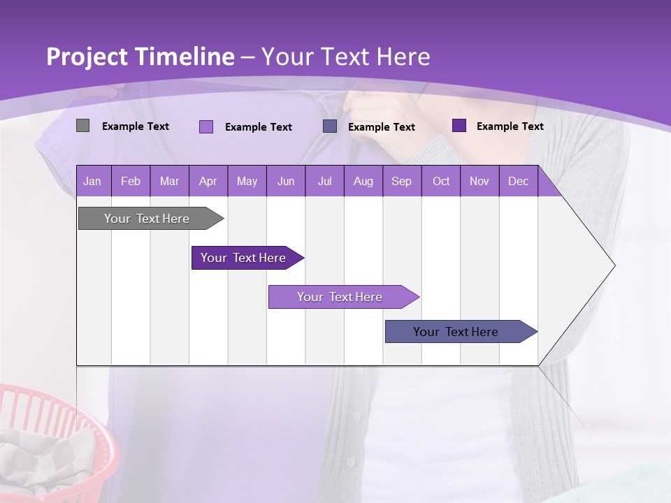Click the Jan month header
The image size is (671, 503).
click(x=92, y=181)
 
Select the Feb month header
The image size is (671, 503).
click(x=131, y=181)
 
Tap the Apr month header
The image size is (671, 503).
click(x=208, y=181)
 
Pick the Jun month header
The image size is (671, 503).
click(x=286, y=181)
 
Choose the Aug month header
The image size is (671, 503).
click(x=363, y=181)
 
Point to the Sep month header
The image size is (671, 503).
click(x=401, y=181)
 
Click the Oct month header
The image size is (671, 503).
click(x=441, y=181)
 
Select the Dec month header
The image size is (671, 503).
click(x=518, y=181)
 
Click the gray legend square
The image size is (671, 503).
click(x=82, y=126)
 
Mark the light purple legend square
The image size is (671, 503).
click(x=206, y=126)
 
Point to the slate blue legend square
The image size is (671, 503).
click(x=330, y=126)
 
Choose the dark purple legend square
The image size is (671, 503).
click(x=459, y=126)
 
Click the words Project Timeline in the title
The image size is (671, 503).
click(x=140, y=57)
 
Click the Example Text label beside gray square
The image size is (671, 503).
click(x=136, y=126)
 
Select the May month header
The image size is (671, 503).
click(x=247, y=181)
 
